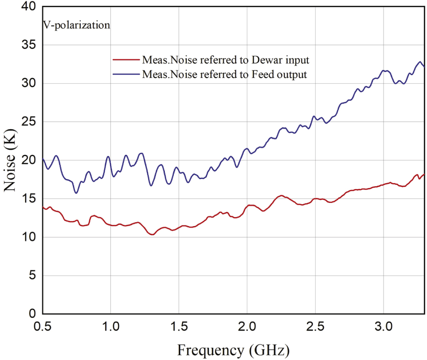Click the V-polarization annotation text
[76, 25]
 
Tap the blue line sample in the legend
[126, 74]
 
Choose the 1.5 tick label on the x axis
[179, 327]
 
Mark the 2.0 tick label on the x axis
[247, 327]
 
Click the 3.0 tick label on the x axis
[383, 327]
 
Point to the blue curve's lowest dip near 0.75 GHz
[76, 193]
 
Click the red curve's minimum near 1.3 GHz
[152, 234]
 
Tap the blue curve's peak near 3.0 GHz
[385, 70]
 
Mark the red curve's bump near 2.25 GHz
[281, 196]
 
